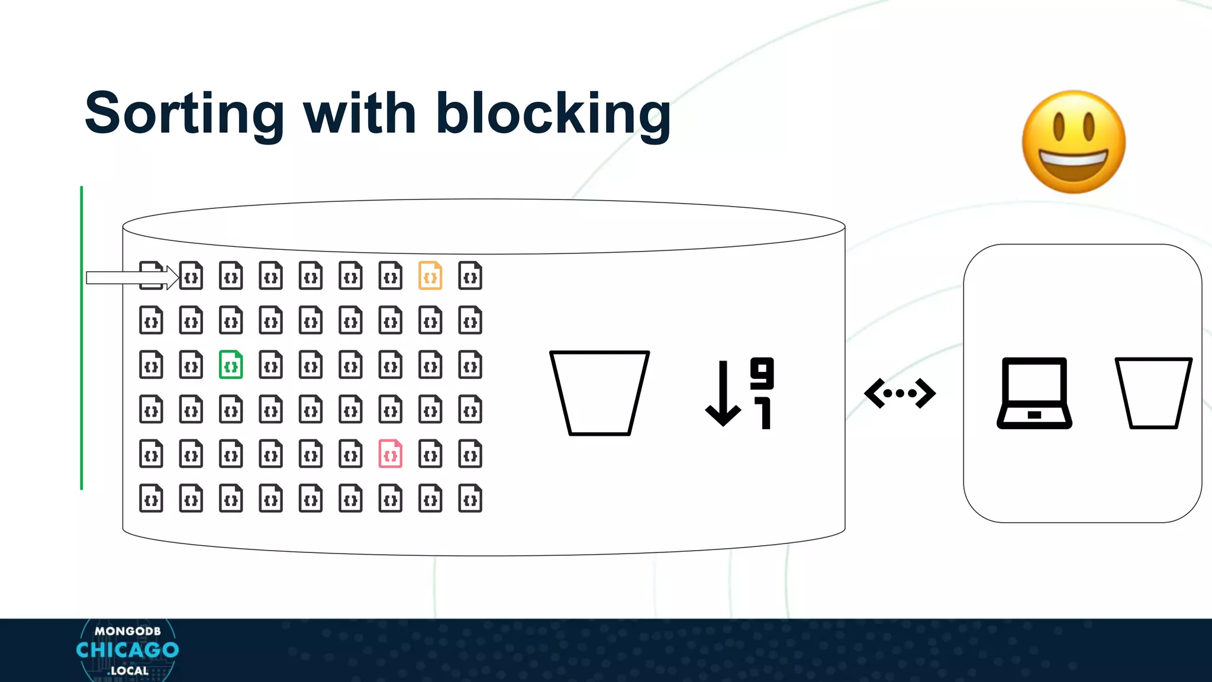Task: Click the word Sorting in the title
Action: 184,114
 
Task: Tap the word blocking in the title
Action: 553,114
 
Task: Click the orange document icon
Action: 430,276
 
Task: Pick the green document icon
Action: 231,365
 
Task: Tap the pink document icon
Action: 391,454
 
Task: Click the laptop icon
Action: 1034,393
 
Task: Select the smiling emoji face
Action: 1074,142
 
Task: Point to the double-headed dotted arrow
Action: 900,393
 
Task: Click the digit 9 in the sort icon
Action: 762,373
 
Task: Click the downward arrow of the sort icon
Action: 723,394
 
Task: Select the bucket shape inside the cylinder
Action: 599,393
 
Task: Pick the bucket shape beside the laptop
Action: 1153,393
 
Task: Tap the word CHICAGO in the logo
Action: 127,650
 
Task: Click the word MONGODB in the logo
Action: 127,631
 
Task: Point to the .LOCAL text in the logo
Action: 128,671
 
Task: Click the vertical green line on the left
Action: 82,338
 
